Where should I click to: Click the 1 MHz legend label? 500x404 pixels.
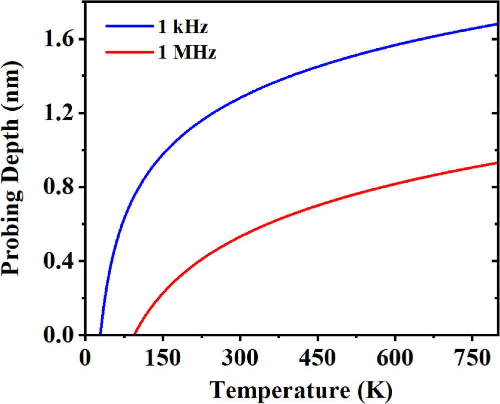[184, 52]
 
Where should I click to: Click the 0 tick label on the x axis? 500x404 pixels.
[86, 359]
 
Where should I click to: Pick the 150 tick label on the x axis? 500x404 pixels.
[163, 359]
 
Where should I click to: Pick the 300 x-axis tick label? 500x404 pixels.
[240, 359]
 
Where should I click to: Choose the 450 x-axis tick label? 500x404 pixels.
[318, 359]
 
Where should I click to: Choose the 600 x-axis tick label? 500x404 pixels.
[395, 359]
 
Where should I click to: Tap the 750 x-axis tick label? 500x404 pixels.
[472, 359]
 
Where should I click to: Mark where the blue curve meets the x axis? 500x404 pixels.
[101, 334]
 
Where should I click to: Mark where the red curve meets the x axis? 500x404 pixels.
[134, 334]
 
